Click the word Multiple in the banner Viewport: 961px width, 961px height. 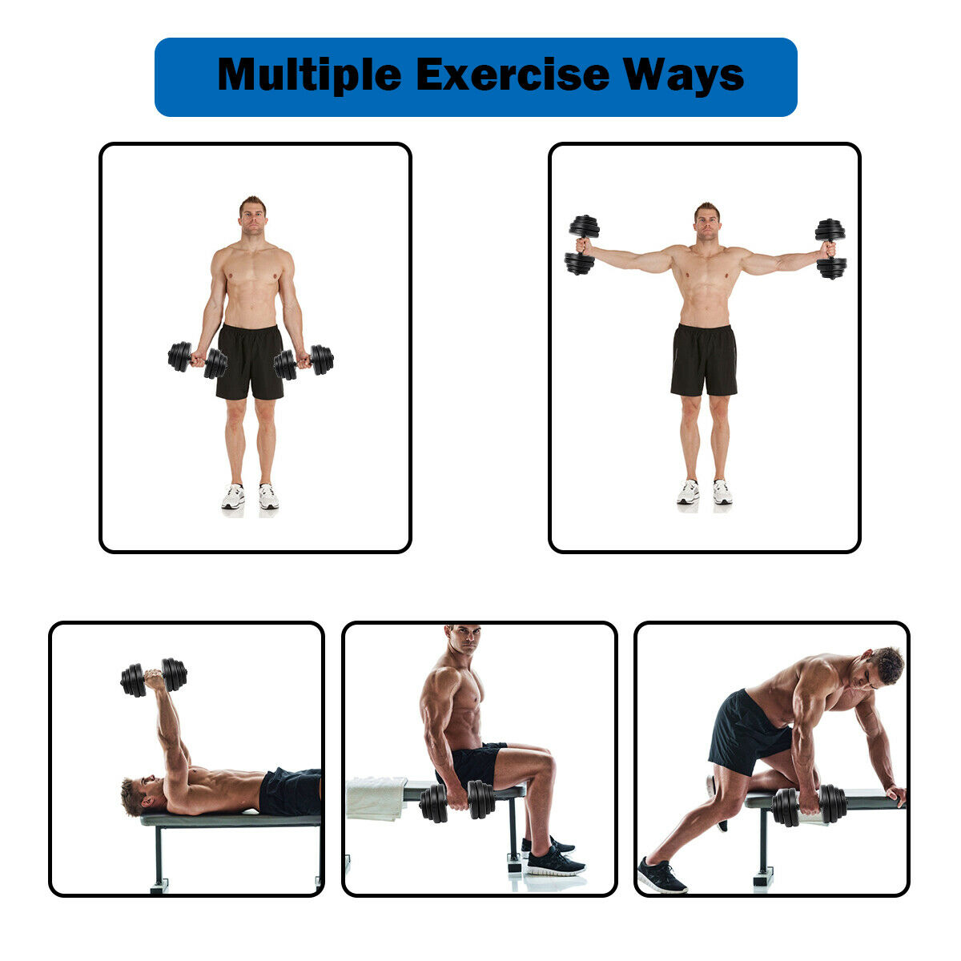309,75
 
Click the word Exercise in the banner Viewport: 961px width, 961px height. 513,74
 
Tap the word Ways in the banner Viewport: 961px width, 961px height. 684,75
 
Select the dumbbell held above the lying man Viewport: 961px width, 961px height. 154,678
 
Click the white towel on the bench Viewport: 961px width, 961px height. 376,798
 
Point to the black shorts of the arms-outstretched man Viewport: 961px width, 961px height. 704,360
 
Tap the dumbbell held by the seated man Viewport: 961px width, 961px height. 457,800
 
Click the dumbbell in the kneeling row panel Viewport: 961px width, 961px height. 809,806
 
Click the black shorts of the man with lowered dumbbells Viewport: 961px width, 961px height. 250,362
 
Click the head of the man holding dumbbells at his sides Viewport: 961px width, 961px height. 252,216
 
